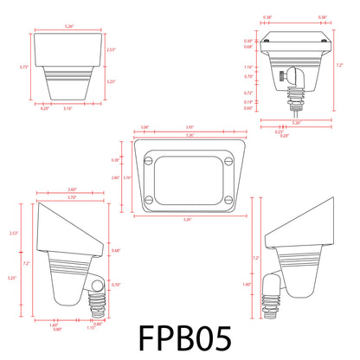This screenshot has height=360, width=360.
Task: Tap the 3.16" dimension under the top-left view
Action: [68, 108]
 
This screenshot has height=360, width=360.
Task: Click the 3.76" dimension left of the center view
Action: [128, 177]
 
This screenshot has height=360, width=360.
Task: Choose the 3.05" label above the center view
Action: [190, 128]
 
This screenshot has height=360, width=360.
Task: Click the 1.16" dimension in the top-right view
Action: [247, 66]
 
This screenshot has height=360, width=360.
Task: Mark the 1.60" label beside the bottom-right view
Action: [248, 284]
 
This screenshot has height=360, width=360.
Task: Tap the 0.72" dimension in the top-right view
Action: [247, 93]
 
